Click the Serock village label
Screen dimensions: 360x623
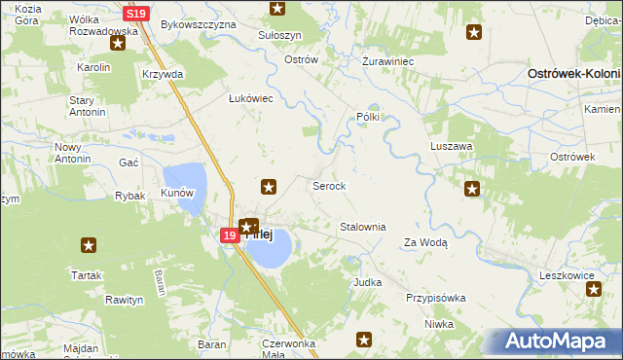coord(328,185)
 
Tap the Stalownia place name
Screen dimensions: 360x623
coord(362,227)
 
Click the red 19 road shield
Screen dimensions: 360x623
coord(229,235)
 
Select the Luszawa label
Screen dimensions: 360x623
coord(451,146)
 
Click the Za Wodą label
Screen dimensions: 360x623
coord(425,243)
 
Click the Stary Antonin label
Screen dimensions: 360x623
coord(87,106)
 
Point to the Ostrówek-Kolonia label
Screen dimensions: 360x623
coord(573,74)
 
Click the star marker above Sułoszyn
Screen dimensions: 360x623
coord(278,9)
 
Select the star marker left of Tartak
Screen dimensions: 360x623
coord(89,245)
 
